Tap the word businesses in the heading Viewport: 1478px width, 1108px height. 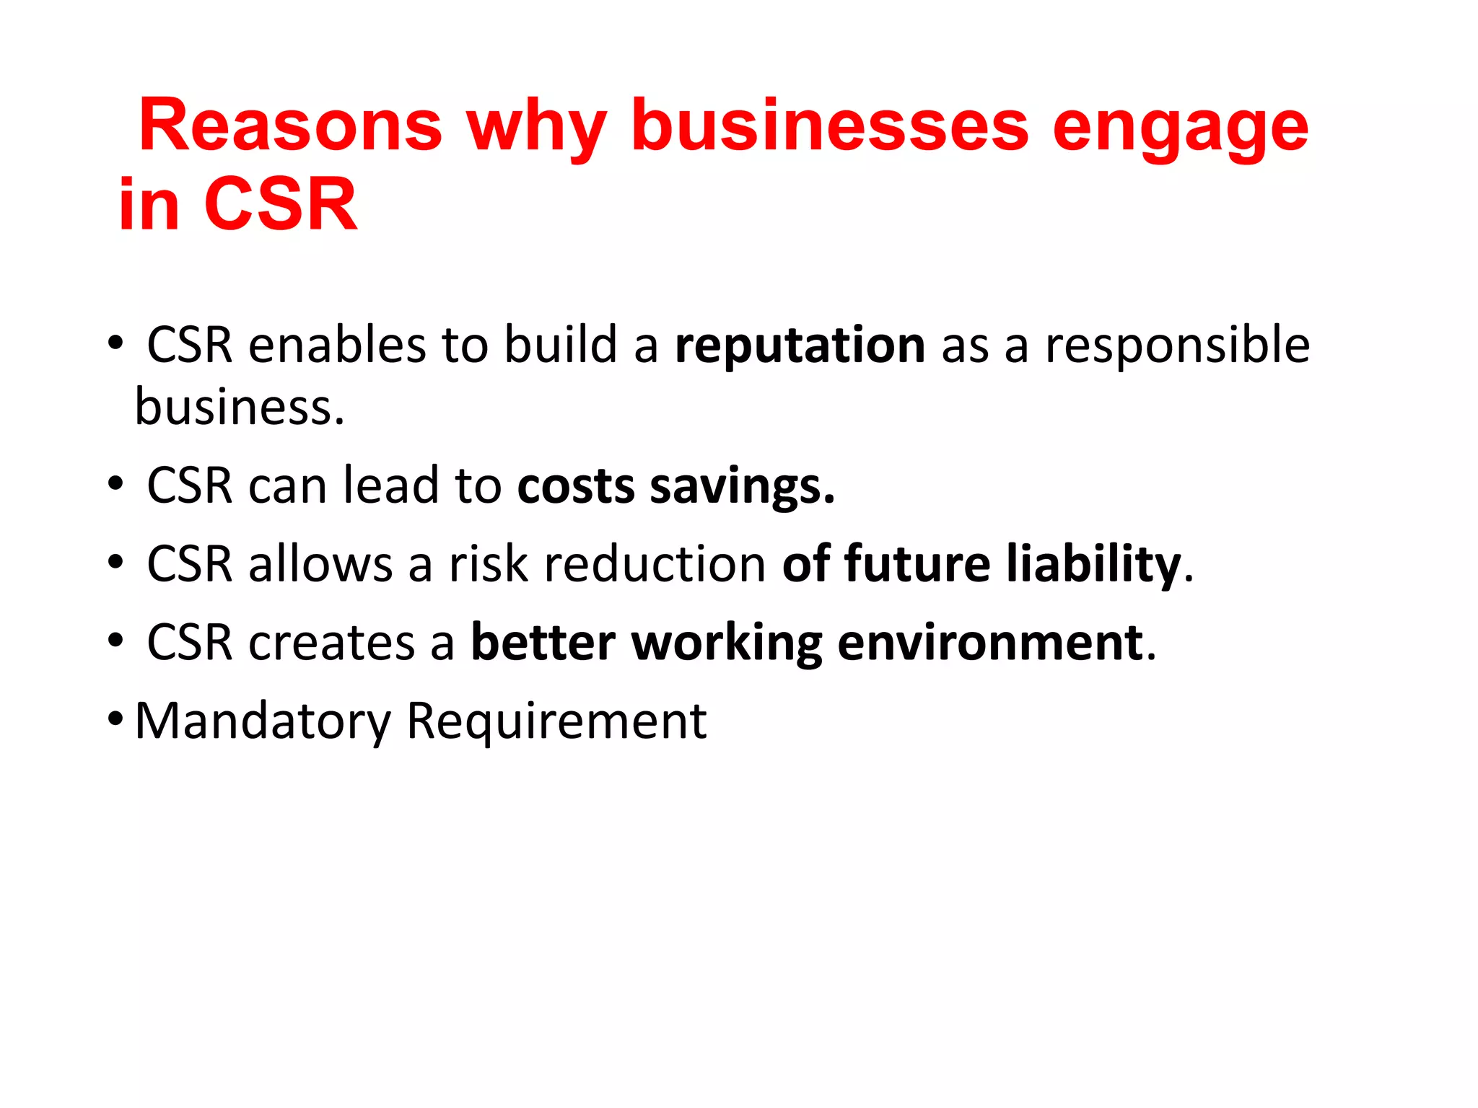click(x=829, y=126)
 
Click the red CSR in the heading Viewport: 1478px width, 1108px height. click(x=281, y=205)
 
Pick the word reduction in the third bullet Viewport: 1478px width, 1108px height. click(x=655, y=564)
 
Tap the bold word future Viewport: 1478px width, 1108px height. click(x=917, y=564)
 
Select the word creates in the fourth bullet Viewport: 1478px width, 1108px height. click(x=331, y=643)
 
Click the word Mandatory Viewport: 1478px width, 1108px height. click(x=263, y=721)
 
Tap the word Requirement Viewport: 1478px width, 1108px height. click(x=556, y=721)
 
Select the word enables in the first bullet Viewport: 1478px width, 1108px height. click(x=337, y=345)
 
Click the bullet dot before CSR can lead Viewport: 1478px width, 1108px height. click(x=115, y=484)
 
